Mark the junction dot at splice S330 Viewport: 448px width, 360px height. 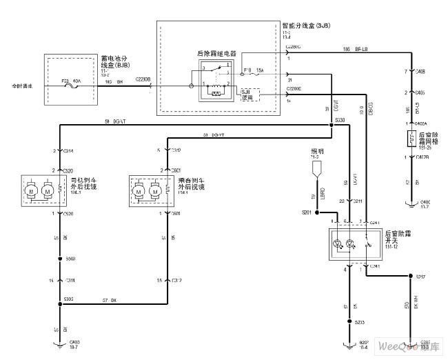pyautogui.click(x=331, y=124)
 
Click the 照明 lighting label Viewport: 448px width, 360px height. pyautogui.click(x=316, y=150)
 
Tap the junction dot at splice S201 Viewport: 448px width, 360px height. pyautogui.click(x=317, y=213)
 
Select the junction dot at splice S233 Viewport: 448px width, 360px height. pyautogui.click(x=348, y=321)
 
